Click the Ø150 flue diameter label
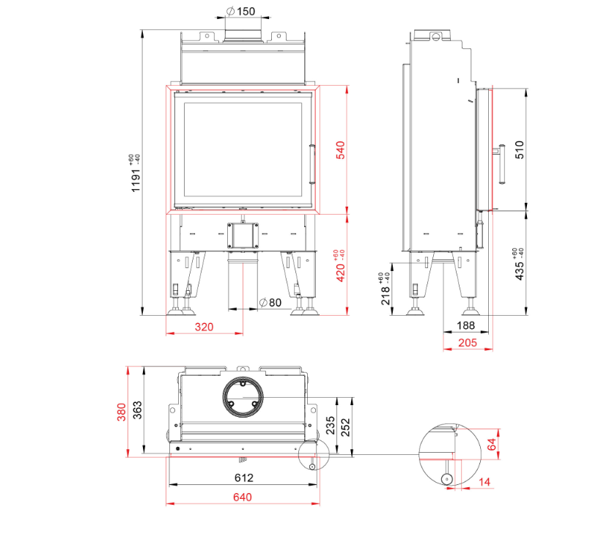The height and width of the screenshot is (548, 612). (241, 11)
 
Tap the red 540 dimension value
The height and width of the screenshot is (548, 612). (340, 150)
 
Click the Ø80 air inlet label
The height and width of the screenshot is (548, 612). (270, 303)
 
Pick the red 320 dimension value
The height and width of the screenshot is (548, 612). (204, 327)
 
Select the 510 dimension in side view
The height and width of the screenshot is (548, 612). (520, 149)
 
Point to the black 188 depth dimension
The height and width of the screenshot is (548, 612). (465, 325)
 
